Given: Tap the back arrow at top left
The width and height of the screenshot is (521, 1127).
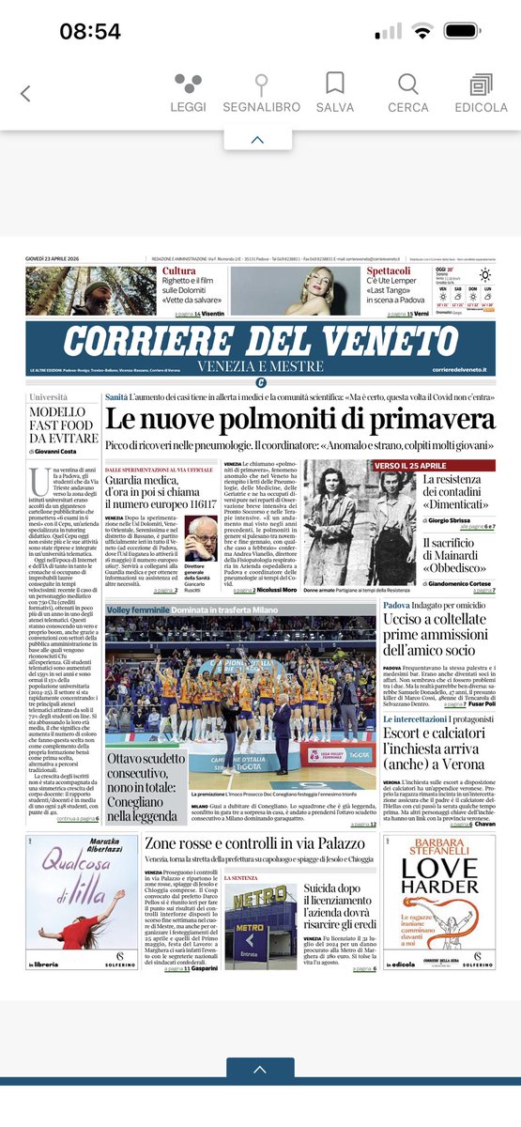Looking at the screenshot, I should pyautogui.click(x=25, y=93).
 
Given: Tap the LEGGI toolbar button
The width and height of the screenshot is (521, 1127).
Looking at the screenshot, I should pyautogui.click(x=188, y=85).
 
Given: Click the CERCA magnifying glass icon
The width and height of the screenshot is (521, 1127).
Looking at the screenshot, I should pyautogui.click(x=408, y=85).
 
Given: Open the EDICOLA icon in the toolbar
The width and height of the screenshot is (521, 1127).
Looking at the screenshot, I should pyautogui.click(x=482, y=85).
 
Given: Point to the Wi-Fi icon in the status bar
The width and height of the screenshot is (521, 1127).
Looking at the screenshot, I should pyautogui.click(x=423, y=31).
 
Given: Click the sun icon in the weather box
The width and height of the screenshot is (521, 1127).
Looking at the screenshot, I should pyautogui.click(x=485, y=275).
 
